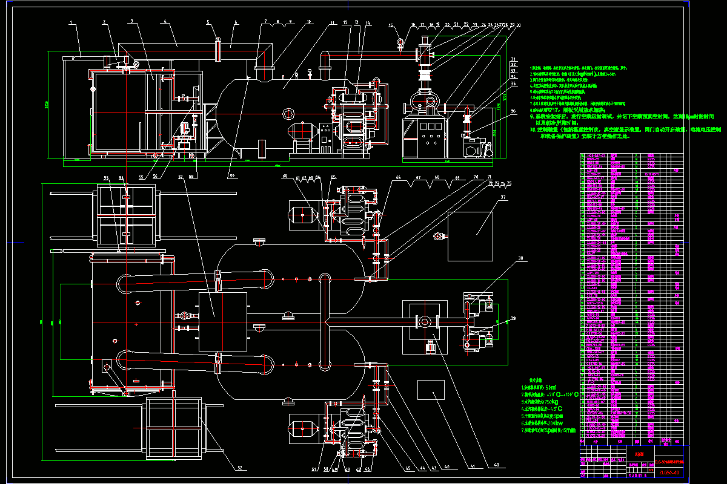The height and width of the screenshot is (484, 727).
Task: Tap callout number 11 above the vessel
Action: tap(333, 24)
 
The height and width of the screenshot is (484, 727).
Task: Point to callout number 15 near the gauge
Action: tap(391, 26)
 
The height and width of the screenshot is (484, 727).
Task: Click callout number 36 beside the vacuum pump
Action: tap(513, 111)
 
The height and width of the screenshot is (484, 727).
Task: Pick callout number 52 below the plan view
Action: tap(239, 468)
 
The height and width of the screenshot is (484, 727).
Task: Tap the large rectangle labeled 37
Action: tap(470, 236)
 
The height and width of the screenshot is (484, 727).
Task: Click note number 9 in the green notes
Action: tap(532, 117)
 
